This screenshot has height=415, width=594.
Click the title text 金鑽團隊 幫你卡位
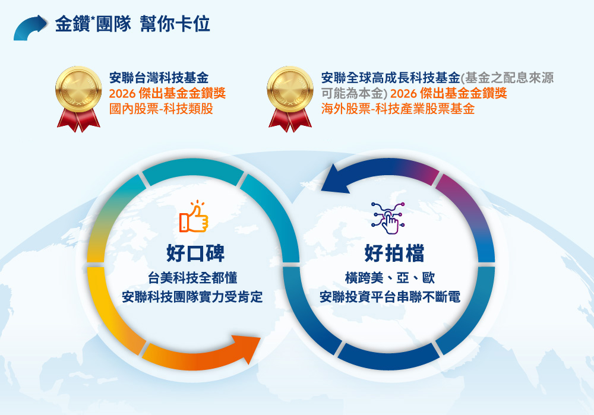pos(132,24)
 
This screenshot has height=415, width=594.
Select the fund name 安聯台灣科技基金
pos(159,78)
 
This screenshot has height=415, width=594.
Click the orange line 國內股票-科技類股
pos(162,109)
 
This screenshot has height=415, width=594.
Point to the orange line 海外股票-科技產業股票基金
pos(398,109)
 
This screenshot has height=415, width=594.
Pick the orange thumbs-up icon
pos(194,217)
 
